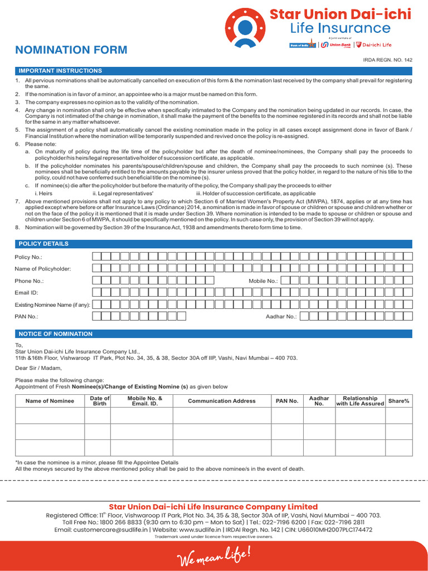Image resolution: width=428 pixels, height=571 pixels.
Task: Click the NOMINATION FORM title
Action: point(71,50)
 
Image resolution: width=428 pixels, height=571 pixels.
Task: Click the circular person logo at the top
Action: point(245,27)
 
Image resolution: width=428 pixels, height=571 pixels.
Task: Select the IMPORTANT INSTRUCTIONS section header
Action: point(60,71)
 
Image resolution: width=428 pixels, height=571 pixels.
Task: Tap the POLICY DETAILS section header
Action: point(43,244)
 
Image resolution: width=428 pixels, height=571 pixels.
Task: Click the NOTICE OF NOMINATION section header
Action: point(55,334)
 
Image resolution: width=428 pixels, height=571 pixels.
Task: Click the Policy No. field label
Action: point(28,257)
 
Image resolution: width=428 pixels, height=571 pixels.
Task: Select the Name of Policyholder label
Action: point(43,269)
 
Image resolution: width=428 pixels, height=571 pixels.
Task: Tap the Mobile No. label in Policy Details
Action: point(263,281)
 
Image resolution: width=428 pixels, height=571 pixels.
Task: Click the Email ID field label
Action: point(26,292)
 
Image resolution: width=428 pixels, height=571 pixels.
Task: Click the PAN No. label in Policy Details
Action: point(26,317)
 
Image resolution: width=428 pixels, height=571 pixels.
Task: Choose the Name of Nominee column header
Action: point(50,401)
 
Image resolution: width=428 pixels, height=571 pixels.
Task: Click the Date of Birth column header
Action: point(100,401)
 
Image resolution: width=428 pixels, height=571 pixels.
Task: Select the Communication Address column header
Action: point(222,401)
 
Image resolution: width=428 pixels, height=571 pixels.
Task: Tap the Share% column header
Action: point(398,401)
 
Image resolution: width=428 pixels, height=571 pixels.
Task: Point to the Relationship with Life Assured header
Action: point(360,401)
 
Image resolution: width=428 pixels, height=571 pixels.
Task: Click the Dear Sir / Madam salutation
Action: point(36,368)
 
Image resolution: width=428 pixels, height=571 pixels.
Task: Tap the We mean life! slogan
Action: point(213,556)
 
